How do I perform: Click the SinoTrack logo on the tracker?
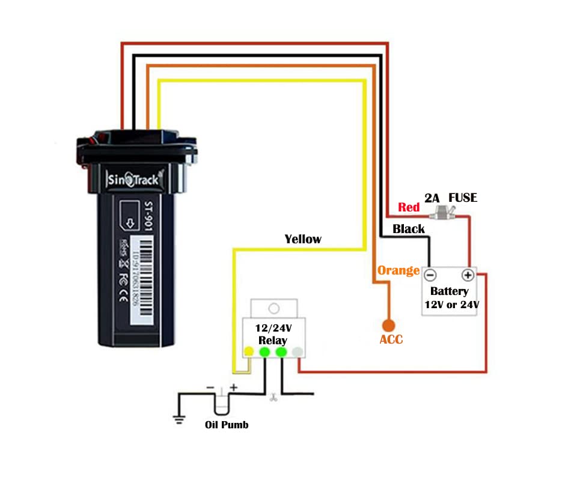point(133,179)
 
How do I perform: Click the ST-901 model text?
point(149,216)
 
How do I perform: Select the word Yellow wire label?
point(303,239)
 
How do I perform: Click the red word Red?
point(409,207)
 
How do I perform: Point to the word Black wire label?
point(409,229)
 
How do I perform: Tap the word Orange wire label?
point(398,270)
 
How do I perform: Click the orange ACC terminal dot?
point(388,325)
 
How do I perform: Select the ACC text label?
point(391,340)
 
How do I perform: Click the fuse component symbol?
point(445,212)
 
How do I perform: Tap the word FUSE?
point(463,197)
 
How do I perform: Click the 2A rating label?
point(432,198)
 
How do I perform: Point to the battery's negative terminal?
point(430,276)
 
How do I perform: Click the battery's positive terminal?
point(468,276)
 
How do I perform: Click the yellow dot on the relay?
point(248,351)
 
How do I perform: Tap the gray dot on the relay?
point(297,351)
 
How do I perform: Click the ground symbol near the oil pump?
point(179,419)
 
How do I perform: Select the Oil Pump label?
point(227,425)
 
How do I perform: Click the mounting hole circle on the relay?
point(273,309)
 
